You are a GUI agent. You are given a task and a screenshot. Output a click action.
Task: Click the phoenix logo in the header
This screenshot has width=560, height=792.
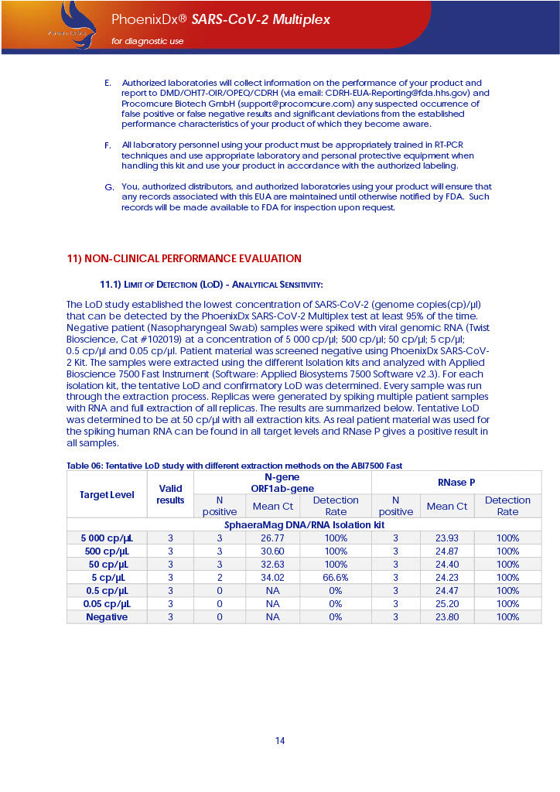[73, 25]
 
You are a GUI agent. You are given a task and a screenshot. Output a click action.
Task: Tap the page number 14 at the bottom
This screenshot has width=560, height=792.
[280, 741]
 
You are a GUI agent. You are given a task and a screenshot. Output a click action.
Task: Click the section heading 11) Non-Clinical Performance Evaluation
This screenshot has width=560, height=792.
[184, 258]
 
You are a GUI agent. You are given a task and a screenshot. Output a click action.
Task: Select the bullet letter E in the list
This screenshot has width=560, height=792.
[108, 83]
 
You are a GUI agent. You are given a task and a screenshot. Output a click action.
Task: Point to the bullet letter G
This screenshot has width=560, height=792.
[108, 187]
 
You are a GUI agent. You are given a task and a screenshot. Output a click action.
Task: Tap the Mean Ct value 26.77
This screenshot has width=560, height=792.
[272, 538]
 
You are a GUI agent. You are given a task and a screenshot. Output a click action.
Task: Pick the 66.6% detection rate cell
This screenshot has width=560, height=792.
[336, 577]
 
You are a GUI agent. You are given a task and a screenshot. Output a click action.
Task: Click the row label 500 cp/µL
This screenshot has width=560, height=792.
[107, 551]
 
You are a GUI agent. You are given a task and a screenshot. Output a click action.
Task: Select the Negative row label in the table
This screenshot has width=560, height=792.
[107, 617]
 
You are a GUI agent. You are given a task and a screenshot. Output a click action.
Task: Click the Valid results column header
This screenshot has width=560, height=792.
[170, 494]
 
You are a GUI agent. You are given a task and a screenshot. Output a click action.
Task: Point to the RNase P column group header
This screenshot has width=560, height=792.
[456, 482]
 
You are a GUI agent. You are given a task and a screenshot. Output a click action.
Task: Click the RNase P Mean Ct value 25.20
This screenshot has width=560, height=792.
[447, 604]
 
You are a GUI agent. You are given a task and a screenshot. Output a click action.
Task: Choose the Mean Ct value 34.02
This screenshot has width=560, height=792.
[272, 577]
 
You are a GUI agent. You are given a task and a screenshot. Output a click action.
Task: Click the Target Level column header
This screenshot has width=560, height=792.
[107, 494]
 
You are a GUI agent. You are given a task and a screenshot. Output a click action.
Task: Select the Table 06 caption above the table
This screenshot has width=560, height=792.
[234, 465]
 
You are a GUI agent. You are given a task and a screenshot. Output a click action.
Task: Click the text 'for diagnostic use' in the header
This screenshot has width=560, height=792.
[148, 41]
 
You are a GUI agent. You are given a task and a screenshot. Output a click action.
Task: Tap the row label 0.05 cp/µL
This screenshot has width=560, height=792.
[107, 604]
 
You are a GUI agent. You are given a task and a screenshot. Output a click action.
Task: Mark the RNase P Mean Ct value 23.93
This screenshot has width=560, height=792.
[447, 538]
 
